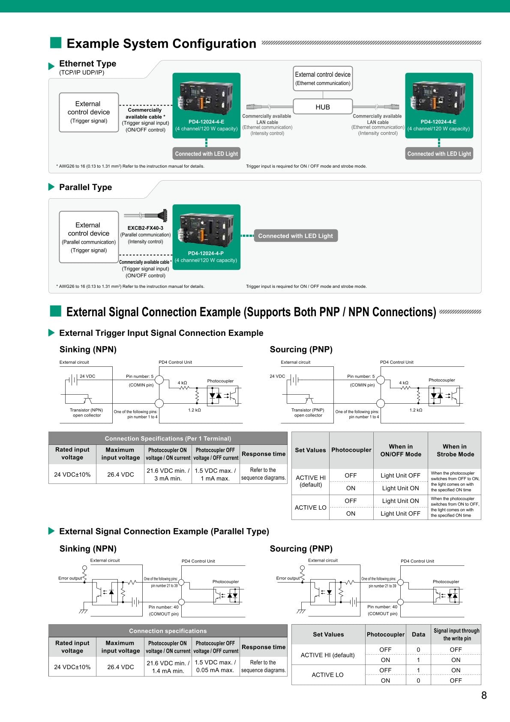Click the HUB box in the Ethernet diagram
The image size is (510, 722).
tap(323, 107)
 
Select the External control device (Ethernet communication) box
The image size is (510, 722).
tap(323, 79)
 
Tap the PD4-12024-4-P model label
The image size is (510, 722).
tap(206, 253)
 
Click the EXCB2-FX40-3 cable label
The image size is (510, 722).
tap(145, 228)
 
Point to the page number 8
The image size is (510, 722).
tap(484, 695)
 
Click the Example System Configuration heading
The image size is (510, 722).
tap(161, 44)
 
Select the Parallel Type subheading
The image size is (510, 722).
tap(85, 187)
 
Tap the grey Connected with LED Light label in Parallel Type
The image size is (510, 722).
tap(295, 236)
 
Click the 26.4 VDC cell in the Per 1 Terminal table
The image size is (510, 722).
tap(120, 474)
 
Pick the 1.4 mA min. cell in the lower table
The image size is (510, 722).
tap(168, 671)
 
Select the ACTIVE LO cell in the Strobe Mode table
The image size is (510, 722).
tap(310, 508)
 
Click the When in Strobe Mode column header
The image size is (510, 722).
tap(455, 450)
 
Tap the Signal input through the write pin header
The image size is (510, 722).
tap(456, 634)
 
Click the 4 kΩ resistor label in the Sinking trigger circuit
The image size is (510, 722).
tap(183, 383)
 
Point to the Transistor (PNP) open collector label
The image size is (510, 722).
tap(308, 413)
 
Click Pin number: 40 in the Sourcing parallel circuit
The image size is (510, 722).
tap(382, 607)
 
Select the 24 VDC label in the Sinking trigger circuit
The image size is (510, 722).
tap(87, 376)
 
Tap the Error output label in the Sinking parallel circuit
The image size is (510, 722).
tap(70, 578)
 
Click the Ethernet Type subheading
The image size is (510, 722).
tap(87, 63)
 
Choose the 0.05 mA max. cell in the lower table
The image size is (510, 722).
tap(215, 670)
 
